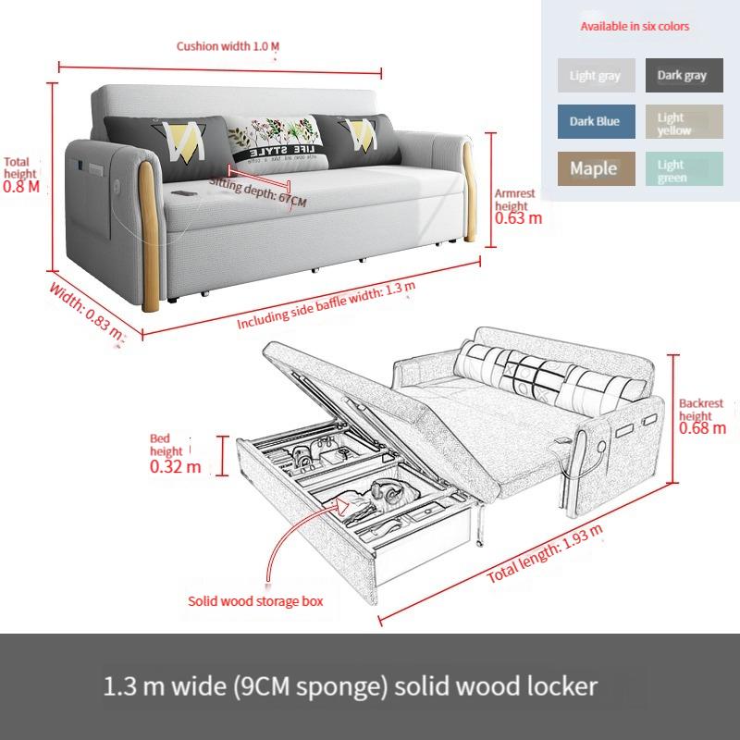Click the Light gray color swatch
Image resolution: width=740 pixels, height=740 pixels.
pyautogui.click(x=596, y=75)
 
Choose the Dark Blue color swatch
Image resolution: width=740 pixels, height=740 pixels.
pyautogui.click(x=596, y=121)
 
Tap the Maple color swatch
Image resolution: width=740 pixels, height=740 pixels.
pyautogui.click(x=596, y=168)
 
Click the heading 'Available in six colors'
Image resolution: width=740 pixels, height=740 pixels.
pyautogui.click(x=635, y=26)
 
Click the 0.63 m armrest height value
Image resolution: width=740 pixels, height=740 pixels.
pyautogui.click(x=519, y=219)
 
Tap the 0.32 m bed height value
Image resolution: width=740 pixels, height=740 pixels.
pyautogui.click(x=175, y=466)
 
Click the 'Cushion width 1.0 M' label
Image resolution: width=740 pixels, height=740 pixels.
pyautogui.click(x=228, y=45)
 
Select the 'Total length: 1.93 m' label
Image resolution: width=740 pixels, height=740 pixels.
pyautogui.click(x=546, y=555)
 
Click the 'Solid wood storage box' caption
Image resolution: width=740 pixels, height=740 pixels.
pyautogui.click(x=256, y=601)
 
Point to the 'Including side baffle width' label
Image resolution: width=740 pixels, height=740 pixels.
pyautogui.click(x=327, y=307)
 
